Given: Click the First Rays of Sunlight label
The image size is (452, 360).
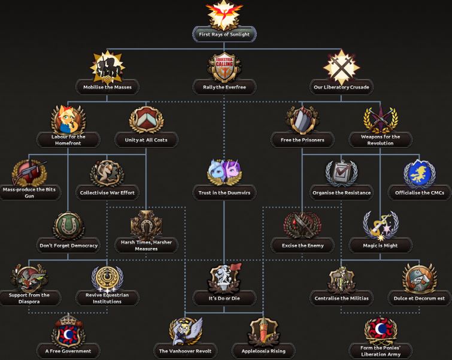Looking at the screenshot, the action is coord(225,35).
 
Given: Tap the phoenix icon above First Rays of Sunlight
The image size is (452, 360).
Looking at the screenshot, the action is coord(225,14).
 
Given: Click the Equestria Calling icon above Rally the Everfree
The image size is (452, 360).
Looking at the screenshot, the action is coord(225,67).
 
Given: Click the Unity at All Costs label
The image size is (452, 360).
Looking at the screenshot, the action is coord(146,140).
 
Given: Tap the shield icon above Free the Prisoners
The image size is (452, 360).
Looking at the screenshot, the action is coord(302,119).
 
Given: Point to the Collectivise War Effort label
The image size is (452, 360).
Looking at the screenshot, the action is coord(108,193).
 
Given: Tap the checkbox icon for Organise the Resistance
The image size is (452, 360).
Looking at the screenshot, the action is coord(342,173).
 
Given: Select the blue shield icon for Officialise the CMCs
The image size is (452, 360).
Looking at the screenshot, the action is coord(419,173).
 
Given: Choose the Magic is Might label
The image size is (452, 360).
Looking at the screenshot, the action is coord(381,246).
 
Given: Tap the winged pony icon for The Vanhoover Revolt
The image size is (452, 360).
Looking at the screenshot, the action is coord(186,331).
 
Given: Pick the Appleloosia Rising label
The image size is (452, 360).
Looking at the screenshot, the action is coord(263,351).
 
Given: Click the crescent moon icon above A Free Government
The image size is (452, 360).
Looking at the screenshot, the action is coord(69,331).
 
